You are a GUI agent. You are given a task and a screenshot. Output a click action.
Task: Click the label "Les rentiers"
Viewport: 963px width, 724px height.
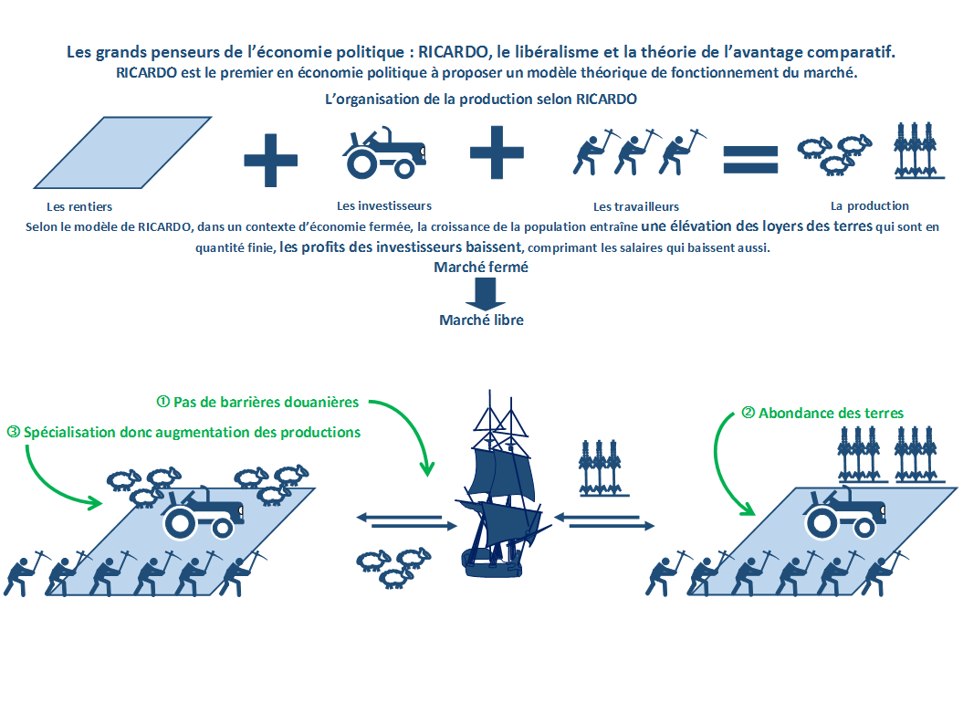coord(79,207)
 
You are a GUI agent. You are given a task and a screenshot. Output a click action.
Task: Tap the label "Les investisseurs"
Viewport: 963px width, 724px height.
coord(384,206)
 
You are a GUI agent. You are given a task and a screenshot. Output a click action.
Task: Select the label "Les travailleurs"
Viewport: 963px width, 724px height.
coord(635,207)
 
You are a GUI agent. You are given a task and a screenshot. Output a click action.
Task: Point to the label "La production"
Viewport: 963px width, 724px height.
coord(869,206)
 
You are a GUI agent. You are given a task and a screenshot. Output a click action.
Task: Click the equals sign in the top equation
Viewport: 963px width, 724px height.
coord(750,160)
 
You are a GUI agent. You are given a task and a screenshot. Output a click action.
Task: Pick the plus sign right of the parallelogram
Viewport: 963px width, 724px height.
coord(271,161)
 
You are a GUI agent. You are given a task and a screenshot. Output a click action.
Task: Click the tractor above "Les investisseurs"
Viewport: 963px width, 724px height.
coord(384,152)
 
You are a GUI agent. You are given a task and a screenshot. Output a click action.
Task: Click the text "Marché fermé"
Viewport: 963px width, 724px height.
coord(481,268)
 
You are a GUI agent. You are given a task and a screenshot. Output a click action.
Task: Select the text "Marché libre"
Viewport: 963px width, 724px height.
coord(482,320)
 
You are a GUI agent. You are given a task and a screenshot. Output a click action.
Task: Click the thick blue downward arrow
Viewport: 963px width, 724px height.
coord(486,294)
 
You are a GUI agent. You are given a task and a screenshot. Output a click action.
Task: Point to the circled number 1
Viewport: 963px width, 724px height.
coord(162,402)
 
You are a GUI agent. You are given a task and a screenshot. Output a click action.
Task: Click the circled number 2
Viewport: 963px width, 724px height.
coord(748,413)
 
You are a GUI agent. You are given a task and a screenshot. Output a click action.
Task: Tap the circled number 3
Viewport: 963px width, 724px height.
coord(13,432)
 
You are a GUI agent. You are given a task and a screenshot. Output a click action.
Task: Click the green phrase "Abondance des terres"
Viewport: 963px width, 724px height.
coord(831,414)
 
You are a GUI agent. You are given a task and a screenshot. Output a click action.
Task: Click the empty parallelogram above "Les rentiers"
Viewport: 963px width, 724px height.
coord(122,152)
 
